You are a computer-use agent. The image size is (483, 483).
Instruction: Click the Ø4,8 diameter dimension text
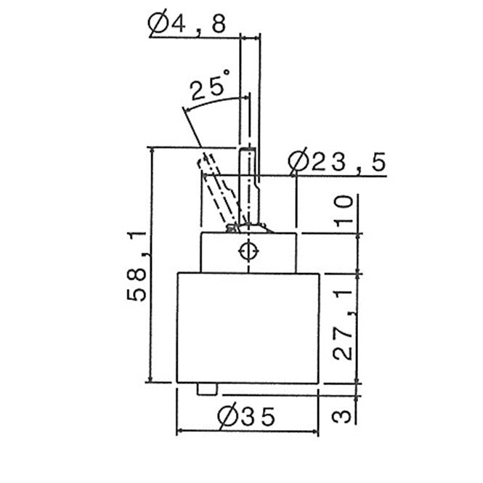point(187,24)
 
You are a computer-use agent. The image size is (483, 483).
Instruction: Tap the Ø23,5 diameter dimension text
point(337,161)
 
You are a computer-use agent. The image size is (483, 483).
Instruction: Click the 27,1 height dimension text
point(343,325)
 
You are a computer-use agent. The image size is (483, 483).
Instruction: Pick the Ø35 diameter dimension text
point(245,417)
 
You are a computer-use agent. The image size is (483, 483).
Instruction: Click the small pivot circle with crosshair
point(248,251)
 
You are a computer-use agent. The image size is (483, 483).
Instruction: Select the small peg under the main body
point(207,389)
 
